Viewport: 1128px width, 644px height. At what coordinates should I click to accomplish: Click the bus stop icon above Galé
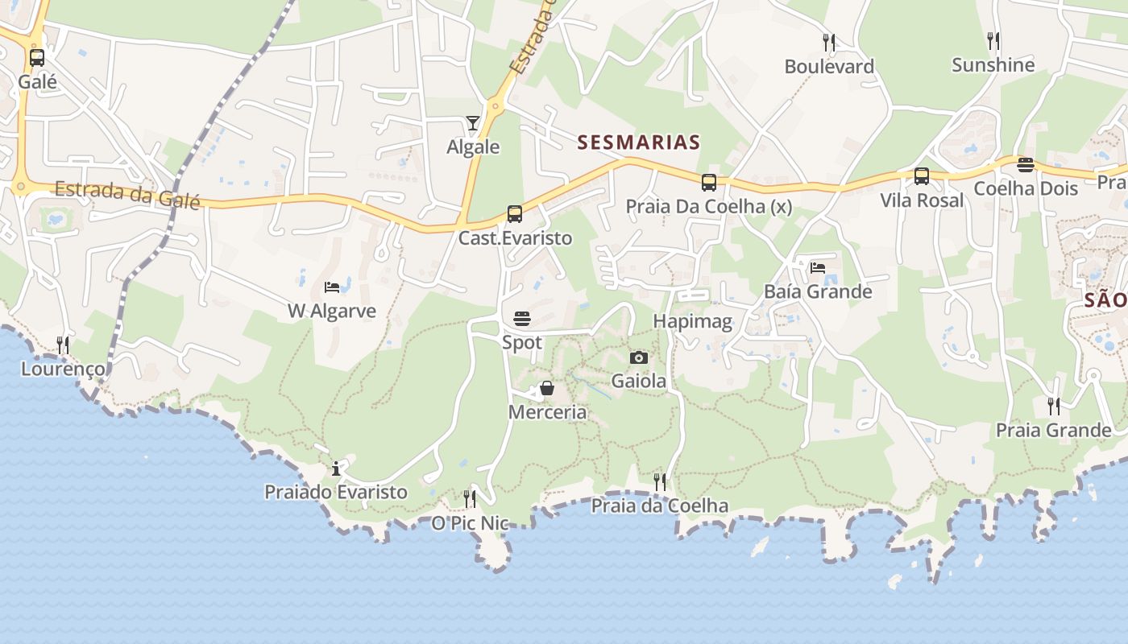37,58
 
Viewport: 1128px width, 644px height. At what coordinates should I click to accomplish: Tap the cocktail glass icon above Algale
473,123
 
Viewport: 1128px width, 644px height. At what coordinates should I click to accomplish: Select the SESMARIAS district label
638,142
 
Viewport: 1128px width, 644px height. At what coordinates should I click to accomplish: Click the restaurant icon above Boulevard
828,41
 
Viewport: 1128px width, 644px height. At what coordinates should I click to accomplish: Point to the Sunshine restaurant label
993,65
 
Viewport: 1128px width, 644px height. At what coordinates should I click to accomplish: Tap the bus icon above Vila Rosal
922,176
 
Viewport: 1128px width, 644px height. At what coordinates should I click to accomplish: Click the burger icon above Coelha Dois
1025,165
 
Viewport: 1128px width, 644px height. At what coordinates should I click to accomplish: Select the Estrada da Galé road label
127,193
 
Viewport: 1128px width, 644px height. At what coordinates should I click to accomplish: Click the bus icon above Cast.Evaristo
515,214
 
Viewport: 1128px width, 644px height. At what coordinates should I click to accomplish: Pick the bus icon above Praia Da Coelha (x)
708,183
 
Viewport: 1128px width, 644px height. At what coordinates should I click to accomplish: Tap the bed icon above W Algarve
332,287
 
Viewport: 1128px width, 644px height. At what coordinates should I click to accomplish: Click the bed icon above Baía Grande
818,267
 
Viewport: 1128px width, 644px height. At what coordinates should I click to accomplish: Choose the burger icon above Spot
522,319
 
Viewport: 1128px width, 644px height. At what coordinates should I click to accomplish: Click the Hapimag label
692,322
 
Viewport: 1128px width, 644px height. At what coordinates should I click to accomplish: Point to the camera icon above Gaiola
638,357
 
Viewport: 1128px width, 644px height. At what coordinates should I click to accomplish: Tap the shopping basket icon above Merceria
547,389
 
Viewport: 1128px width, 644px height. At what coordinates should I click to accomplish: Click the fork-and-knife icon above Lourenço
63,345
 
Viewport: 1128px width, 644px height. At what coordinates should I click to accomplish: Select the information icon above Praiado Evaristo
336,469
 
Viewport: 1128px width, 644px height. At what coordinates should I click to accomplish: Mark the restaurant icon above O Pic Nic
470,499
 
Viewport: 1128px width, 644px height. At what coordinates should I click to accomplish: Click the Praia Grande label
1053,430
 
